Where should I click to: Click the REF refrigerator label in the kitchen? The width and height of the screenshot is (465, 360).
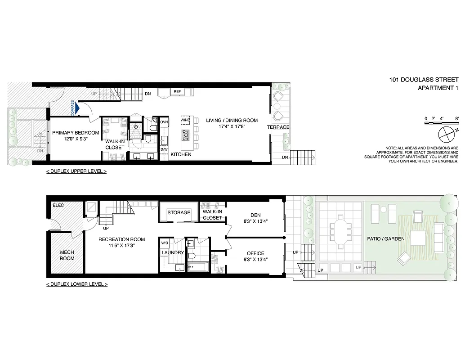coord(177,92)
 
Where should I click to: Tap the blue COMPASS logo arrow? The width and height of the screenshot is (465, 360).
coord(77,108)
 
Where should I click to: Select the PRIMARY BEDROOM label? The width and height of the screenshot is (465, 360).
coord(76,133)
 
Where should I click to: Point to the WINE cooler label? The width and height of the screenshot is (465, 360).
coord(185,121)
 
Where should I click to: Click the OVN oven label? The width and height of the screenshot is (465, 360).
coord(164,122)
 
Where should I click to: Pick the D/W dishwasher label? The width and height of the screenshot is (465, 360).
coord(164,149)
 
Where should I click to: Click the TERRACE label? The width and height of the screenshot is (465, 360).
coord(278,127)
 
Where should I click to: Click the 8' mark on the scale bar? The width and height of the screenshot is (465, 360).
coord(456,119)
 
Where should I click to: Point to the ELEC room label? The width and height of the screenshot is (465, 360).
coord(58,205)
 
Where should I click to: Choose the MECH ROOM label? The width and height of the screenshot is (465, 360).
coord(67,255)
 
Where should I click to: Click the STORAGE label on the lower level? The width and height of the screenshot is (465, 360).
coord(179,212)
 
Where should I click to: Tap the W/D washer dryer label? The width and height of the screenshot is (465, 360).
coord(165,244)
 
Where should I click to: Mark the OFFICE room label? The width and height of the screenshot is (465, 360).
coord(255,253)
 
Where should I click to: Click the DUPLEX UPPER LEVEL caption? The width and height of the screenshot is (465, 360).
coord(76,172)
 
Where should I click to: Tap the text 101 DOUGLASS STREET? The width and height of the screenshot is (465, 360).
coord(424,80)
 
